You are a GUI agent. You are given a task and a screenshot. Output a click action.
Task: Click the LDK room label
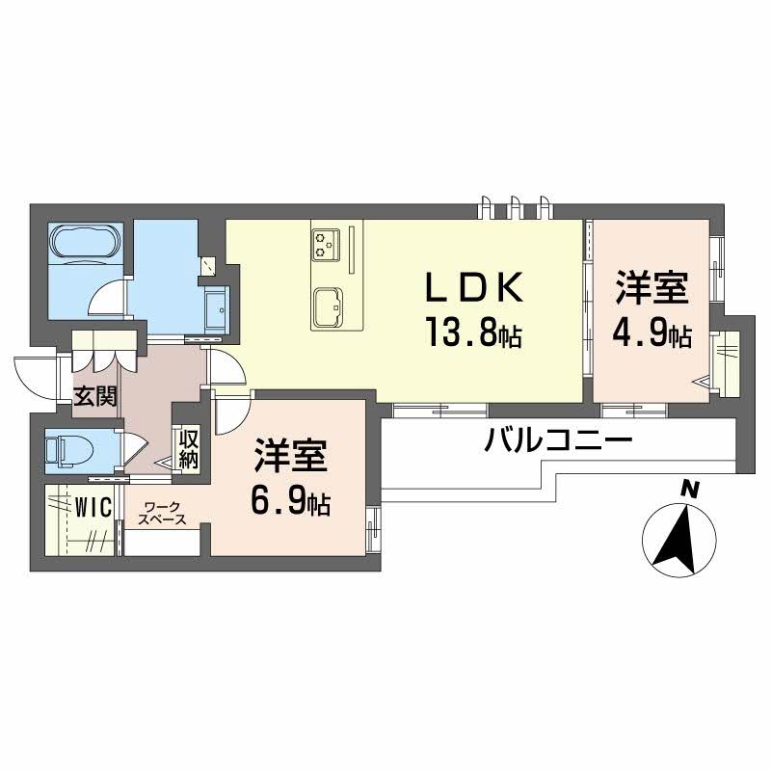pos(476,287)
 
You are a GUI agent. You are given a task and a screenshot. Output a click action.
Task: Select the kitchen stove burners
pos(325,245)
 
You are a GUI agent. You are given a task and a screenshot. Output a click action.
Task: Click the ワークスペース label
pos(161,513)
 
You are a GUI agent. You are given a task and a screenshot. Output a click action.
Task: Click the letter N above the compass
pos(689,490)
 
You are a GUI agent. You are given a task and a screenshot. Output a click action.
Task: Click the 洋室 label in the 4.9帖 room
pos(652,288)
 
